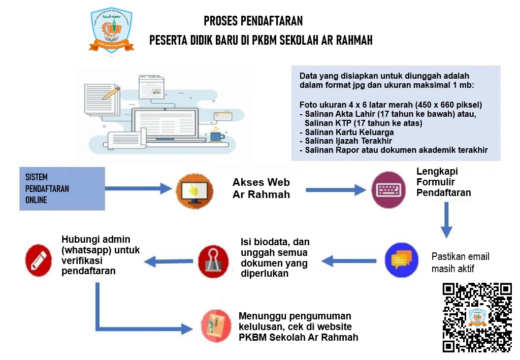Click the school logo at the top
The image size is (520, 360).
111,30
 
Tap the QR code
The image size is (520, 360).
477,317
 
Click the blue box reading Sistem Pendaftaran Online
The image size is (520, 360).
61,188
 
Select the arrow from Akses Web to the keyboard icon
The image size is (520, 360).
335,190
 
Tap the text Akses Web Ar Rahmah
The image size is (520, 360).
261,188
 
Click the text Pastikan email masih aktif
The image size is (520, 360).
460,262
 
